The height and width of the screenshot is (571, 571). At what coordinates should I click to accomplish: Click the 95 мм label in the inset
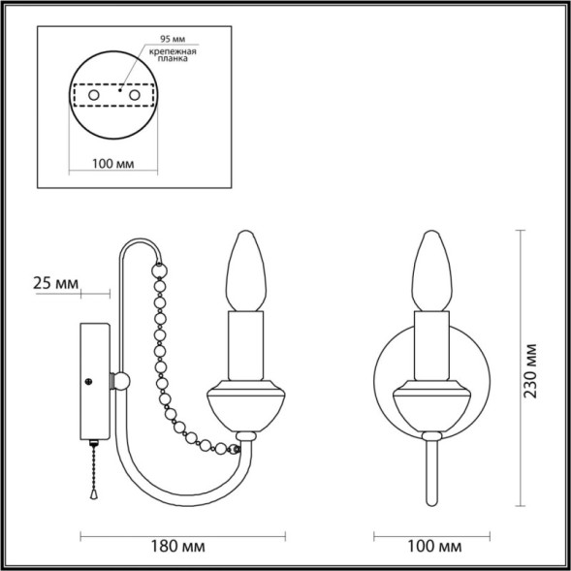pyautogui.click(x=160, y=42)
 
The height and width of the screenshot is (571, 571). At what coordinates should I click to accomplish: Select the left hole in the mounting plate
pyautogui.click(x=93, y=97)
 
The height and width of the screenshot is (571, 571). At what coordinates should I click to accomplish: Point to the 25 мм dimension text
pyautogui.click(x=53, y=283)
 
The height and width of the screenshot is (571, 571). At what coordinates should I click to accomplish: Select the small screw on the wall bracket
pyautogui.click(x=89, y=381)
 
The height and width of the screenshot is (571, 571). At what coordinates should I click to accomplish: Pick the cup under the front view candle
pyautogui.click(x=430, y=408)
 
